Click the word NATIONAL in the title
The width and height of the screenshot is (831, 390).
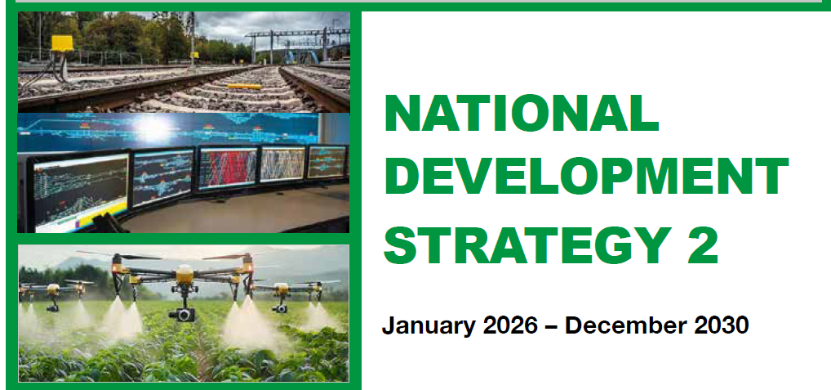click(x=522, y=114)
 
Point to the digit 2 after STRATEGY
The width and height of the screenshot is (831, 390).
click(x=703, y=244)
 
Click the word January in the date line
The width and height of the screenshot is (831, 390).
click(x=429, y=325)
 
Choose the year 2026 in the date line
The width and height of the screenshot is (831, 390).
click(x=510, y=325)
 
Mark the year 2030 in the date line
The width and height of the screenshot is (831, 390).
click(x=722, y=325)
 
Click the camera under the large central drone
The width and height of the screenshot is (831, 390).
click(x=182, y=314)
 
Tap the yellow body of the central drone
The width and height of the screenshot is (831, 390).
click(x=184, y=275)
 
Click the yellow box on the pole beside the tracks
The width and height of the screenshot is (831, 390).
click(x=62, y=43)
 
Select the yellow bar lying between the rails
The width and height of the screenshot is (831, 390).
click(x=244, y=86)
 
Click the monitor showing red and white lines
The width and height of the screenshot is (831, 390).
click(x=228, y=168)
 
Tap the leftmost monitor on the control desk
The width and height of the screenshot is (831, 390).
click(x=79, y=193)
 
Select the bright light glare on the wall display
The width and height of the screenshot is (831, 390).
click(x=153, y=128)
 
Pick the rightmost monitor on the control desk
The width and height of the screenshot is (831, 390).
click(x=327, y=161)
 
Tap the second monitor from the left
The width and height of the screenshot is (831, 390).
click(x=162, y=177)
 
